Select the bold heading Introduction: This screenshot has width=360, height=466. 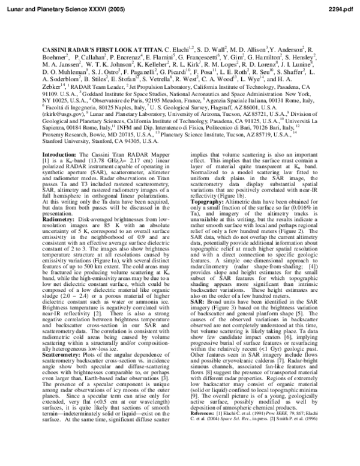[x=58, y=154]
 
